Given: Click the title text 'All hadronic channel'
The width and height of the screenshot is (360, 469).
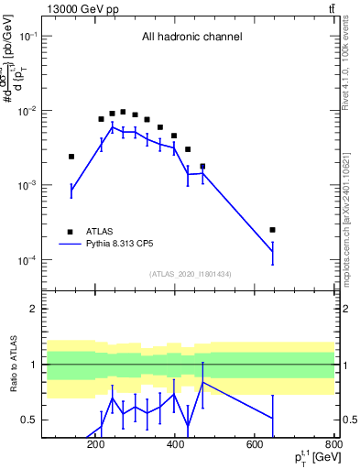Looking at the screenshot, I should click(191, 38).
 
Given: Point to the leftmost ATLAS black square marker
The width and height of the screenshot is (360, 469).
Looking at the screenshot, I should click(71, 157).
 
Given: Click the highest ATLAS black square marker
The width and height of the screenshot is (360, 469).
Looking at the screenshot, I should click(123, 112).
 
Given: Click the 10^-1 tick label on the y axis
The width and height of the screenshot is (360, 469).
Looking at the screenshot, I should click(31, 35).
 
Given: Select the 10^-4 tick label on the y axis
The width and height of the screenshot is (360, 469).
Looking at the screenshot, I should click(31, 261).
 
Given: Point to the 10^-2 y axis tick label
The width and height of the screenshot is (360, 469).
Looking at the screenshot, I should click(31, 111).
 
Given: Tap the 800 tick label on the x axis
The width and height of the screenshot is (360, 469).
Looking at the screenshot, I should click(334, 446).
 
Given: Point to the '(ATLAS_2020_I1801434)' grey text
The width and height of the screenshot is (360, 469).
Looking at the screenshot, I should click(191, 274).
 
